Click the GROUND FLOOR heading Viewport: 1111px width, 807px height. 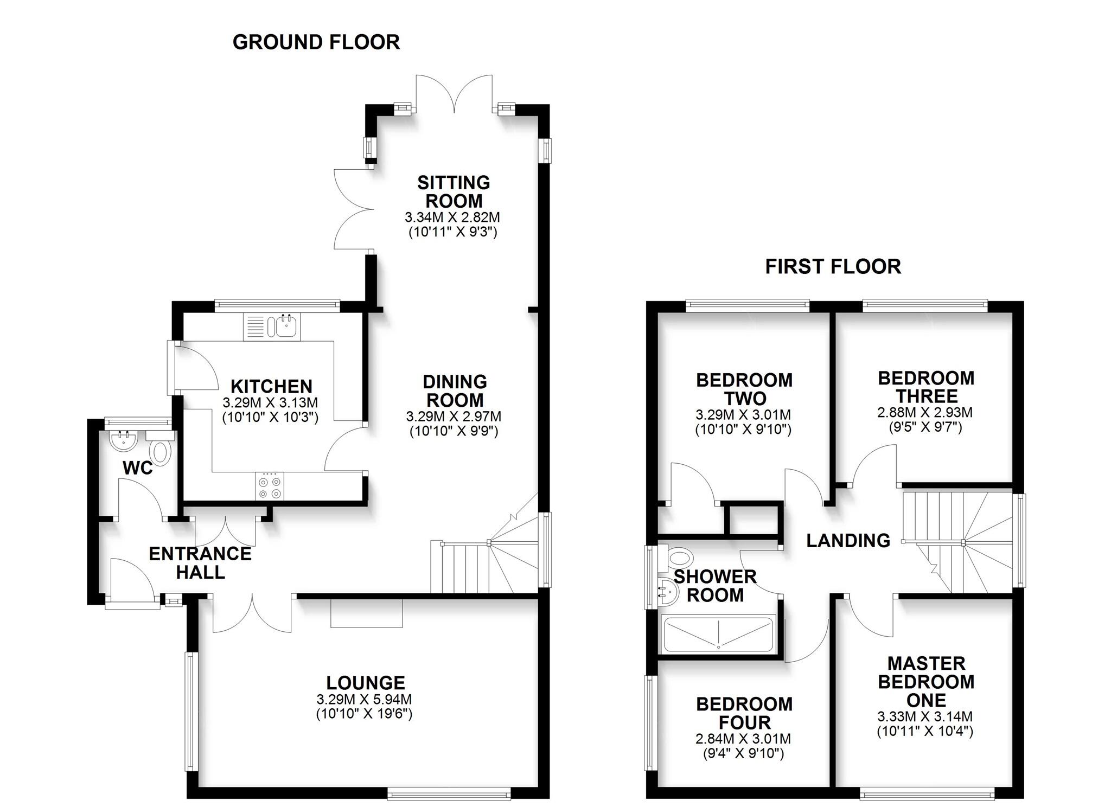[316, 42]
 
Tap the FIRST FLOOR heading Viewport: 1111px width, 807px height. [833, 267]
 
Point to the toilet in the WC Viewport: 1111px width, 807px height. [161, 452]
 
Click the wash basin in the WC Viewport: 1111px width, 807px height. [123, 440]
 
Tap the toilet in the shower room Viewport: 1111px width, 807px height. [680, 556]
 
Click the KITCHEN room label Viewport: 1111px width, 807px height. [271, 387]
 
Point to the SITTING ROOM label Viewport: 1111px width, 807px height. [454, 191]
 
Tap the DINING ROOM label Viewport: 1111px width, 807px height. [455, 390]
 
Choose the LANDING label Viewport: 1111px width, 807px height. [848, 540]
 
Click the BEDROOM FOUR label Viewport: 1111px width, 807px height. [744, 713]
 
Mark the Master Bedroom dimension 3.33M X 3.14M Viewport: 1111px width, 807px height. [925, 716]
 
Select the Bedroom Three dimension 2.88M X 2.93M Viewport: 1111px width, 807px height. [925, 412]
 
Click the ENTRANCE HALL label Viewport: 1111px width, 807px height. [200, 562]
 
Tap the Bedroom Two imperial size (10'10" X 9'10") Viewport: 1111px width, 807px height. [743, 430]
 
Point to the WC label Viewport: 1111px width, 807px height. [138, 468]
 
